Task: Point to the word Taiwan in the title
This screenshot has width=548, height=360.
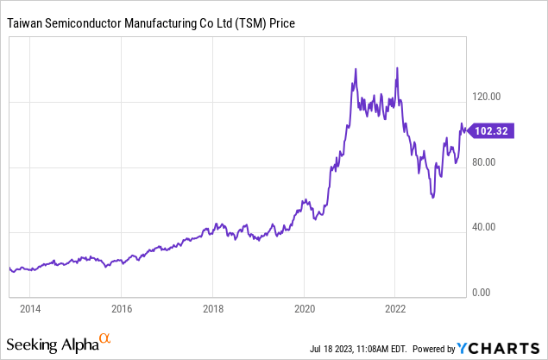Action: pyautogui.click(x=26, y=23)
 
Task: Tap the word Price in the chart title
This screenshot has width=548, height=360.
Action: pyautogui.click(x=281, y=23)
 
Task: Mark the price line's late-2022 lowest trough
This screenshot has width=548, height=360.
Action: pyautogui.click(x=433, y=197)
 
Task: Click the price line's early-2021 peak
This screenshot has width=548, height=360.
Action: pyautogui.click(x=356, y=69)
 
